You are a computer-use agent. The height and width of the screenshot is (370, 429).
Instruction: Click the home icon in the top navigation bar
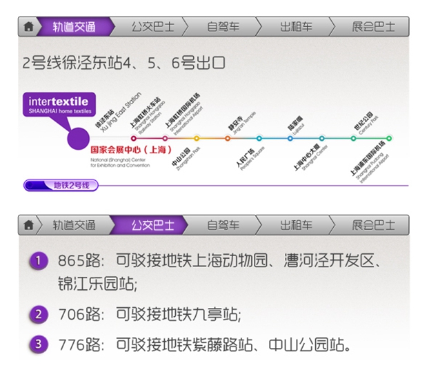[28, 27]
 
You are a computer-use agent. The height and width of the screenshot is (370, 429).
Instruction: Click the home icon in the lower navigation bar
[28, 225]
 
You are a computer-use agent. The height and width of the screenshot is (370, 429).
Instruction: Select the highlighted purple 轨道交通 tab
[75, 27]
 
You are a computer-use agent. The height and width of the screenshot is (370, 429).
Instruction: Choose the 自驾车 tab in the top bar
[223, 27]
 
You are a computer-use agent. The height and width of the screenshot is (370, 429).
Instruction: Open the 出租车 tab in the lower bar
[296, 225]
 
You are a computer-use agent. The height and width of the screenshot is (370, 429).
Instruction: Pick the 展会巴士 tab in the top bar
[373, 27]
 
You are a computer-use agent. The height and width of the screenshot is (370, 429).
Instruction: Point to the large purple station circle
[79, 138]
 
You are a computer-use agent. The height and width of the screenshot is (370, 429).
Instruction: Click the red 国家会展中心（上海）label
[130, 150]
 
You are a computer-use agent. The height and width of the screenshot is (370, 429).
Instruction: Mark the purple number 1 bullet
[39, 261]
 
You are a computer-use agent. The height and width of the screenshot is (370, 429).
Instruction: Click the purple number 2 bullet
[39, 314]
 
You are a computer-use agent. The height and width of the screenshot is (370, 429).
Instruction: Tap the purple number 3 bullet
[39, 343]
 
